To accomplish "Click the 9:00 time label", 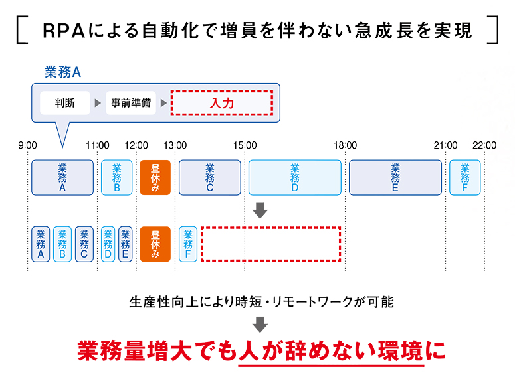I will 28,145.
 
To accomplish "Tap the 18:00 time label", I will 346,145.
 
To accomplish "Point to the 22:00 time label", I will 484,145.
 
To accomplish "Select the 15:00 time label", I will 245,145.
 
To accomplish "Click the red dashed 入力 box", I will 222,104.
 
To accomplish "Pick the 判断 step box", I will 64,104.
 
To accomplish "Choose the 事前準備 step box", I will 131,104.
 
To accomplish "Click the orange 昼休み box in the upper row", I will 155,178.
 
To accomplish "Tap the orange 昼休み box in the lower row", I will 155,244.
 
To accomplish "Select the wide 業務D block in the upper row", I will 295,178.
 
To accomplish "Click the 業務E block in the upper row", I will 395,178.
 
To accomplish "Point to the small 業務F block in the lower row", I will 188,244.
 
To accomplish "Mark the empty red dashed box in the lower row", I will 270,244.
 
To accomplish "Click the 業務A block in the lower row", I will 41,244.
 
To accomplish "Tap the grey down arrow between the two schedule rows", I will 260,210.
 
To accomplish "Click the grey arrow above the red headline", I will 260,325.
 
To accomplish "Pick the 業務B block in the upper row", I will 117,178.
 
